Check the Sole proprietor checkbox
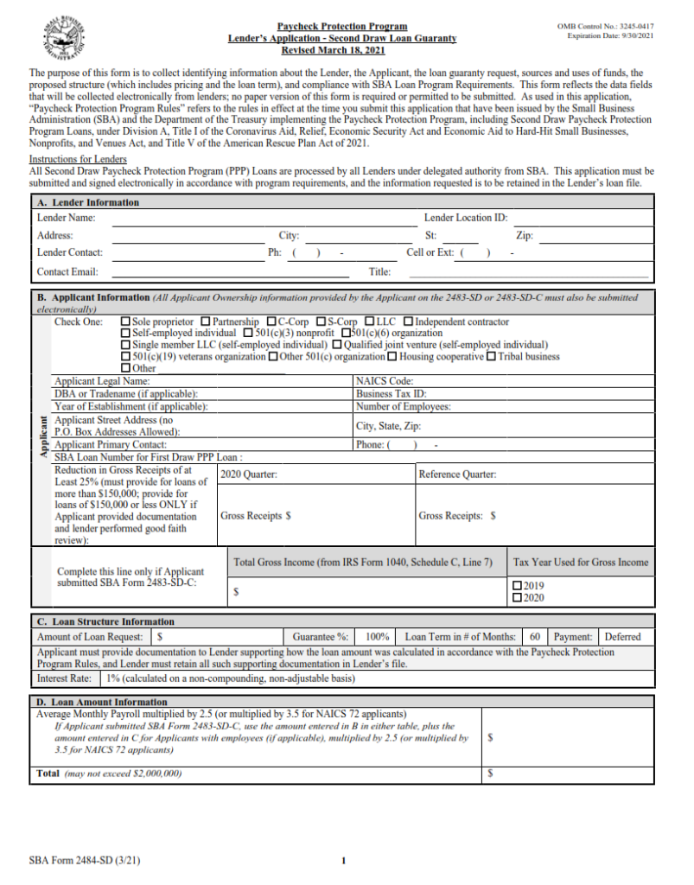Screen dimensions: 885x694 125,322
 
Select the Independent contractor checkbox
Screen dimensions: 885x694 409,322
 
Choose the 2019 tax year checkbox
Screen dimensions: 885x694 518,585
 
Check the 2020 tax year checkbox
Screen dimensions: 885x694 518,597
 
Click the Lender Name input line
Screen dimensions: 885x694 259,220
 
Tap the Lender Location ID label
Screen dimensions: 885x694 465,219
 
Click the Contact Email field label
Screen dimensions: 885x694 67,271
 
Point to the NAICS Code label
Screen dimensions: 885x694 385,380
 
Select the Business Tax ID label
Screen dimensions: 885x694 392,393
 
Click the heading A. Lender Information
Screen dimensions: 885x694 87,202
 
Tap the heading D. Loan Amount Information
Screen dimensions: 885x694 102,702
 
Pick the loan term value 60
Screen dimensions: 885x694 535,637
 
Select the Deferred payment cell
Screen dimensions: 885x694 622,637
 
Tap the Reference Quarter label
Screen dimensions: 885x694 457,474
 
